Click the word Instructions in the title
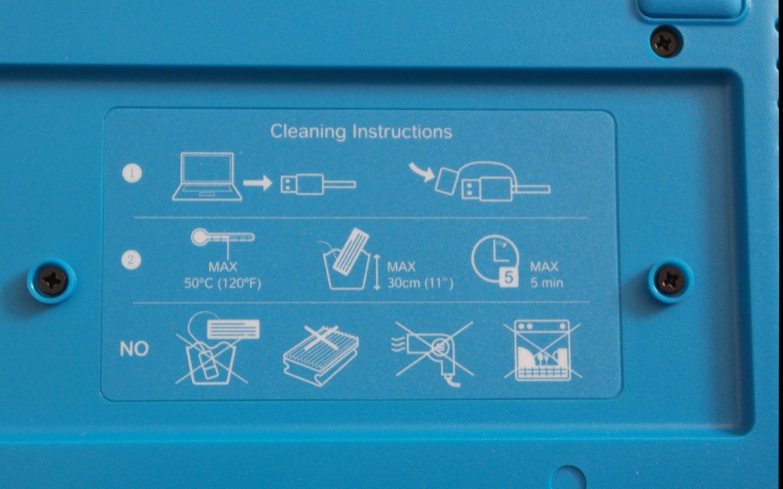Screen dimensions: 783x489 [x=402, y=132]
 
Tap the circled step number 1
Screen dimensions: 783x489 [x=132, y=173]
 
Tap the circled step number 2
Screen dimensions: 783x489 [x=131, y=259]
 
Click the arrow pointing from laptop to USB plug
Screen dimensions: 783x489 [x=257, y=183]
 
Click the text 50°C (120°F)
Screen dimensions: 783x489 [x=222, y=284]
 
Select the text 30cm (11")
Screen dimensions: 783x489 [x=420, y=284]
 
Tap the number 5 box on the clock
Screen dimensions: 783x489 [x=508, y=277]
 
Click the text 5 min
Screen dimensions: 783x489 [x=547, y=283]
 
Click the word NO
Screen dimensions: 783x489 [x=135, y=349]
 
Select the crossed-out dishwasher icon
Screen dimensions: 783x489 [x=543, y=350]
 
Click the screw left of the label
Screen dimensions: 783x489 [x=52, y=281]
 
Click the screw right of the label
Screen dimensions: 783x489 [x=671, y=281]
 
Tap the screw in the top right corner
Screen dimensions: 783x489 [x=666, y=42]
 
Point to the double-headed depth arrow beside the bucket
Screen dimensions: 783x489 [x=377, y=271]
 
